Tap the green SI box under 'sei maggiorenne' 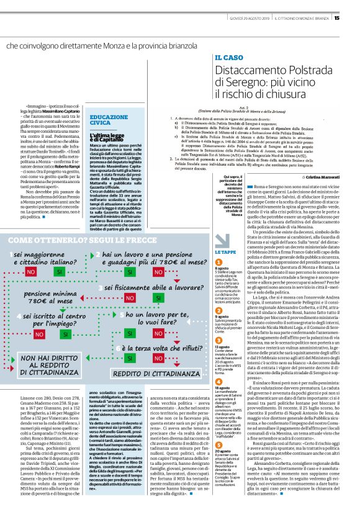coord(60,272)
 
